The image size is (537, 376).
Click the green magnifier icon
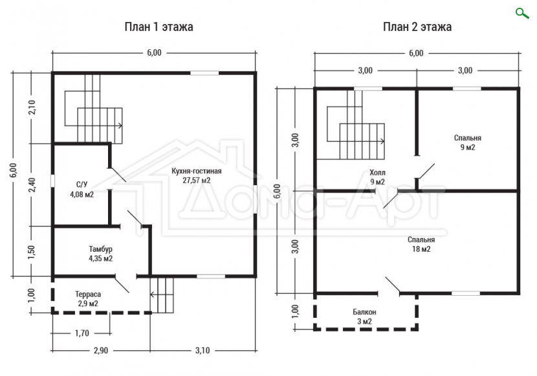tap(522, 13)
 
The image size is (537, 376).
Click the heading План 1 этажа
tap(159, 27)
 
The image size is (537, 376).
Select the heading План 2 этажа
tap(417, 27)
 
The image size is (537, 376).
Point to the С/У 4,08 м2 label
tap(82, 190)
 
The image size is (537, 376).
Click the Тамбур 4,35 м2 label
tap(101, 254)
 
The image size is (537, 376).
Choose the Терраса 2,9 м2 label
tap(88, 298)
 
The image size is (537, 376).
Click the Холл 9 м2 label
tap(377, 177)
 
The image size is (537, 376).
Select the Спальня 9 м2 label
tap(468, 142)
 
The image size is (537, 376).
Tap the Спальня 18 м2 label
tap(421, 244)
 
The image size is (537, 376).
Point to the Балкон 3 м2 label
tap(364, 316)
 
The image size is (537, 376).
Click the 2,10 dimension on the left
tap(32, 107)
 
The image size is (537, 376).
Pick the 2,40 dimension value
tap(32, 185)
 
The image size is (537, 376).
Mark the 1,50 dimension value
tap(32, 252)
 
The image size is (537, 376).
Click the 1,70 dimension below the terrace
tap(82, 333)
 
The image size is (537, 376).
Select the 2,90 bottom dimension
tap(101, 351)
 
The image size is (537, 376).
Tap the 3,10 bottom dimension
tap(203, 351)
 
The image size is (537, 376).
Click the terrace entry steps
tap(162, 294)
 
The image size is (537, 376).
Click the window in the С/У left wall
tap(53, 181)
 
